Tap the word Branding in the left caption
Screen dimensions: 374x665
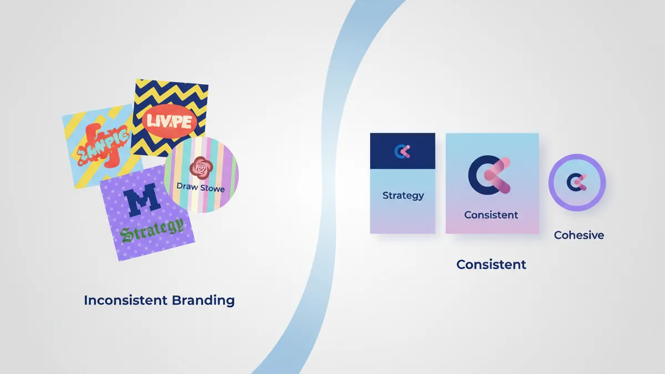[x=203, y=301]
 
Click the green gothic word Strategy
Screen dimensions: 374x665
[x=152, y=229]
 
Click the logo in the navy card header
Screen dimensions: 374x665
[x=402, y=151]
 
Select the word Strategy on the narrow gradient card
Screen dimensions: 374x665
[x=403, y=196]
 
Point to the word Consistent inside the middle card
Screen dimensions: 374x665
[x=491, y=215]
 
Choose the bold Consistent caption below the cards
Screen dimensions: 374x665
[x=491, y=265]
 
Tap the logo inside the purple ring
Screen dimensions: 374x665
[x=577, y=182]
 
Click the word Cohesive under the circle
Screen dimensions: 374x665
[x=579, y=235]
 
